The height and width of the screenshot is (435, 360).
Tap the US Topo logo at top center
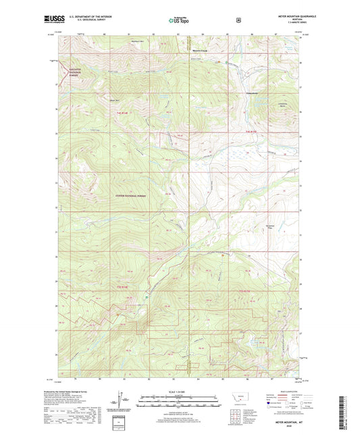179,20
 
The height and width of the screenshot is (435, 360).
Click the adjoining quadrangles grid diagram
237,413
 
